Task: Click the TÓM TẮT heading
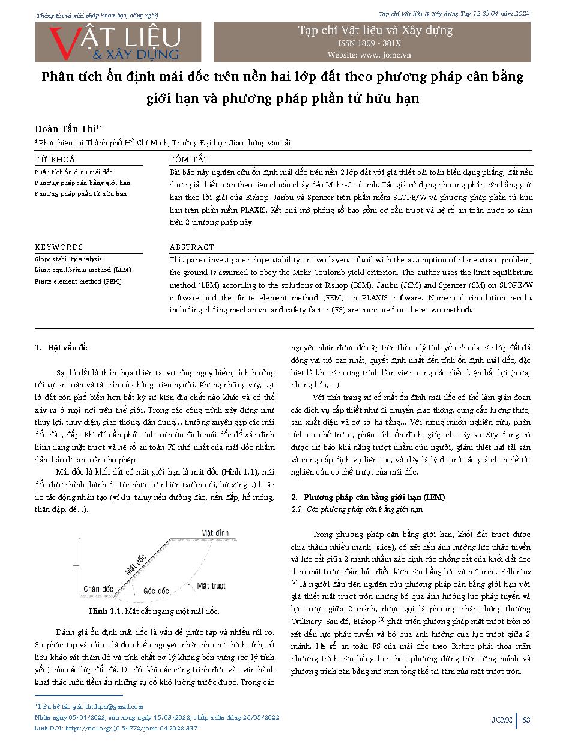click(189, 159)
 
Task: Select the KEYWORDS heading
click(59, 247)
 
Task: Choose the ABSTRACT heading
click(191, 247)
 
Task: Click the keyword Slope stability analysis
click(68, 259)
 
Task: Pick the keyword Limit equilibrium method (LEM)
click(82, 270)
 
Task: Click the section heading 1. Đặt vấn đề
click(61, 348)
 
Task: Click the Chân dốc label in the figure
click(98, 589)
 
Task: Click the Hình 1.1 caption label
click(105, 611)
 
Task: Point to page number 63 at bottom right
click(526, 720)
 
